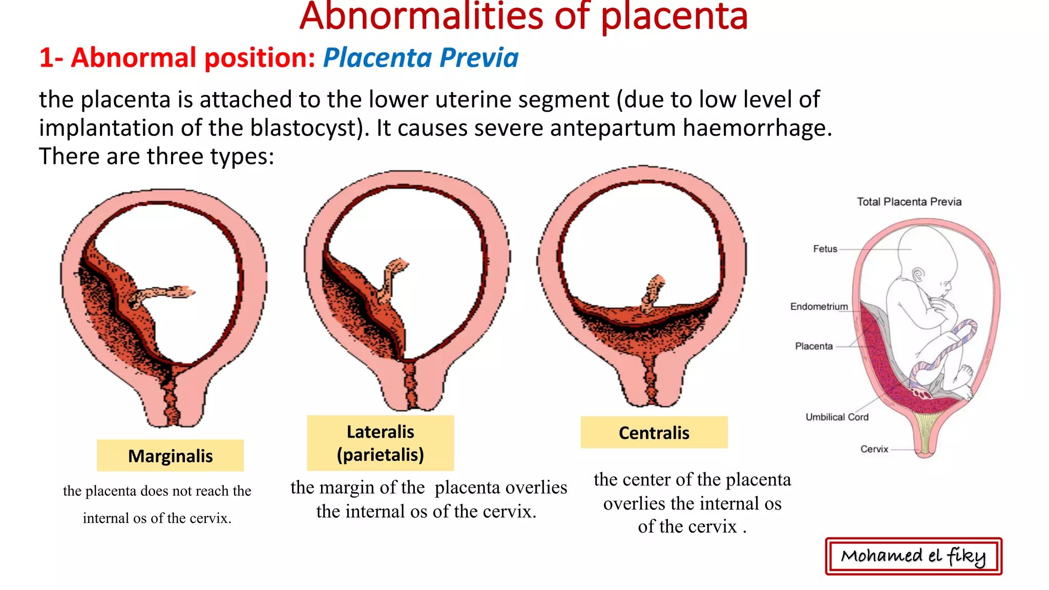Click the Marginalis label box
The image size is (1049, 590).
click(170, 455)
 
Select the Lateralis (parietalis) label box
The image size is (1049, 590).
click(380, 443)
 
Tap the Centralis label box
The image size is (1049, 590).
click(654, 433)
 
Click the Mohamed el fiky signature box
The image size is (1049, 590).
click(913, 556)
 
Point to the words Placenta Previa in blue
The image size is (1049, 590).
click(421, 57)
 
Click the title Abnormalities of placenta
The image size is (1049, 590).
click(523, 16)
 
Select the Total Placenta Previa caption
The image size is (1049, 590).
click(909, 202)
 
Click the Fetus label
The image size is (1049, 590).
click(825, 249)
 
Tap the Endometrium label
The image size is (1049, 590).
click(819, 307)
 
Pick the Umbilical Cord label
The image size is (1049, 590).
click(837, 417)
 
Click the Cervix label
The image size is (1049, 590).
click(874, 449)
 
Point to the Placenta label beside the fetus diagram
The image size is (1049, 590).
click(813, 346)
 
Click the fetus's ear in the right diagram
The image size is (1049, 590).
click(918, 275)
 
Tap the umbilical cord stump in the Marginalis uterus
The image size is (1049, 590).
click(164, 294)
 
